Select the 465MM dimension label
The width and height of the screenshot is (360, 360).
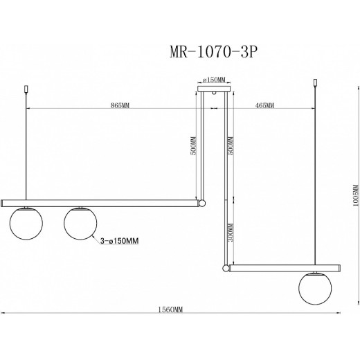[x=264, y=105]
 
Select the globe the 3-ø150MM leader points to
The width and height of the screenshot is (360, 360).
[x=80, y=224]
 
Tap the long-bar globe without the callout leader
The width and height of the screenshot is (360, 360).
[x=27, y=225]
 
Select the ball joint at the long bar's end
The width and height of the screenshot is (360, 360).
[x=201, y=204]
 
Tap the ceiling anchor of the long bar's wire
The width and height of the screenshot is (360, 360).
[x=27, y=89]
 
